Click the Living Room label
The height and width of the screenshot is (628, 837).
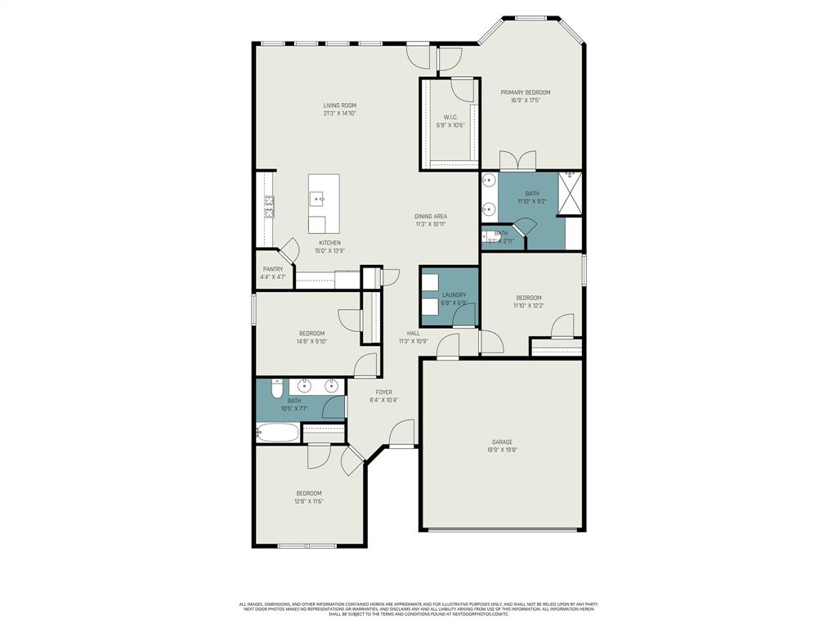tap(339, 105)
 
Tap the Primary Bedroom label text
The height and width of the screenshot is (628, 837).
tap(526, 92)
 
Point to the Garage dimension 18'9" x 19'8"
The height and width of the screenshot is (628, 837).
tap(503, 450)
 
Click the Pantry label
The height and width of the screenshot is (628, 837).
tap(272, 269)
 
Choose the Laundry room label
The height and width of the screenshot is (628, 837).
tap(454, 295)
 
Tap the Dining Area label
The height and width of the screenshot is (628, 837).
tap(430, 217)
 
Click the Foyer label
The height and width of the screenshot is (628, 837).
tap(384, 392)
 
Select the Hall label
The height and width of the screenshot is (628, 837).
tap(414, 333)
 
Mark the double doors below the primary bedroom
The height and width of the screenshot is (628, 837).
tap(517, 160)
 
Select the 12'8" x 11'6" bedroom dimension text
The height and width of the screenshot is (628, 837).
tap(308, 501)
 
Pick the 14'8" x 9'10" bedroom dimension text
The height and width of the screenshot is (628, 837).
tap(312, 342)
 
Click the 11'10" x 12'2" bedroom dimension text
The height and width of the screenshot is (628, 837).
tap(529, 306)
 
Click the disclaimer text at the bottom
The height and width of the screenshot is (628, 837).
tap(418, 608)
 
